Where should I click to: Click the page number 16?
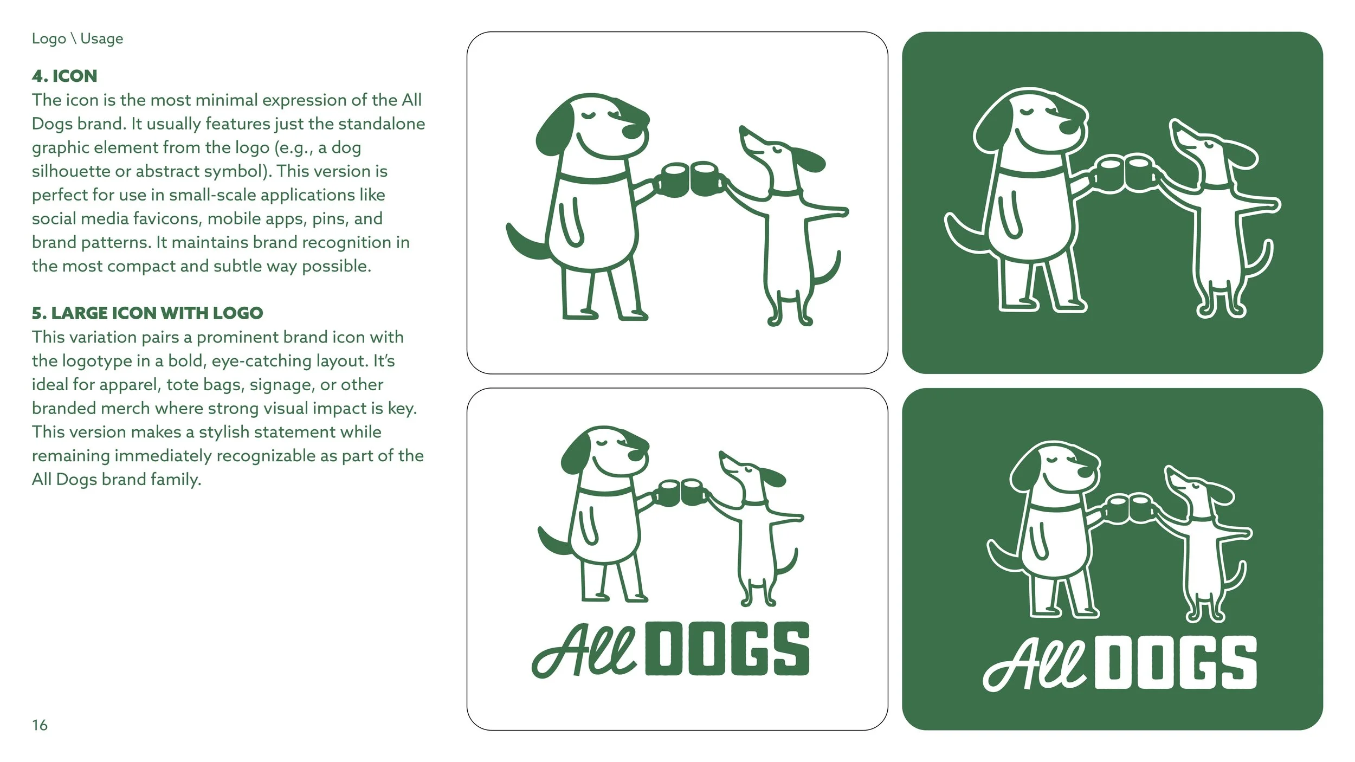40,725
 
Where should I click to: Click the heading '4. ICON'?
64,76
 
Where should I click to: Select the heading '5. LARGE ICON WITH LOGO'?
147,313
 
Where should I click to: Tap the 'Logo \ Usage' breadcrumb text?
77,38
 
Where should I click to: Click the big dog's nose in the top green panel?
1068,126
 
